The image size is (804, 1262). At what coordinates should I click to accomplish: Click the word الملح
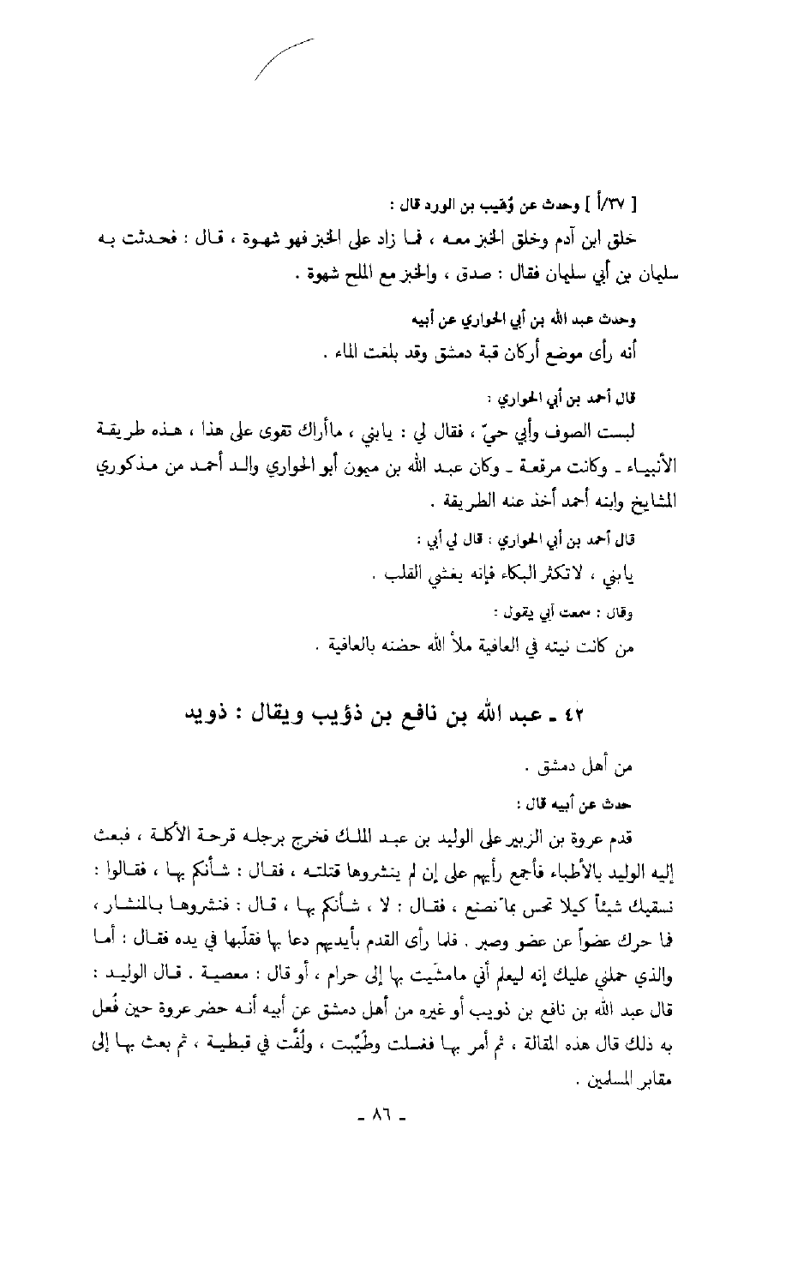click(347, 276)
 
